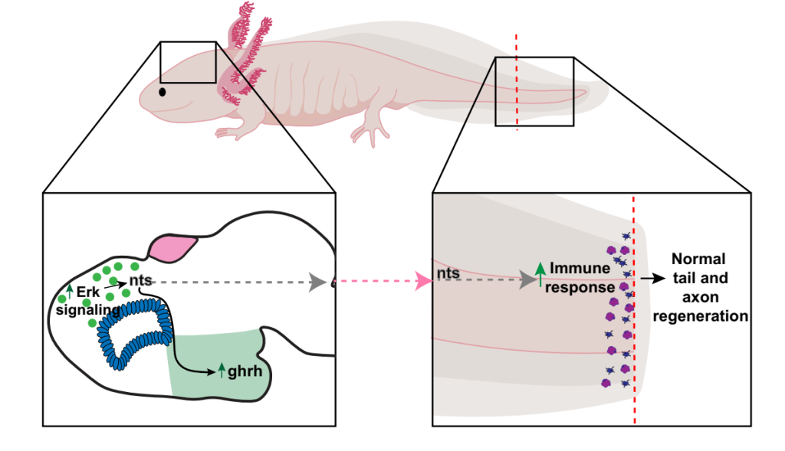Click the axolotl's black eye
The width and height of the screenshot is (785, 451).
coord(163,93)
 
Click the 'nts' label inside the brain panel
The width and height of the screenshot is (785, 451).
coord(140,281)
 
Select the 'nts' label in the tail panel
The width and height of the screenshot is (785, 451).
coord(448,272)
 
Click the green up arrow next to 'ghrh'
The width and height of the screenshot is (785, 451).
coord(222,371)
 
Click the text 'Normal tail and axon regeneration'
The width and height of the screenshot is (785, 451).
coord(708,287)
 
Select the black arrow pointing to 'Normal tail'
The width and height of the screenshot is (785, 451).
coord(653,279)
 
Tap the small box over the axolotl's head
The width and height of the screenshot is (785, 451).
coord(189,61)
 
